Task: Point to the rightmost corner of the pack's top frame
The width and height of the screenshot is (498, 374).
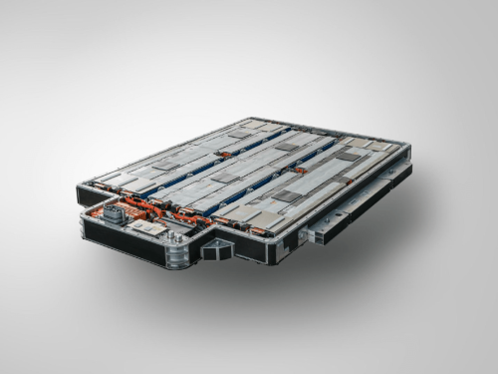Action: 409,150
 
